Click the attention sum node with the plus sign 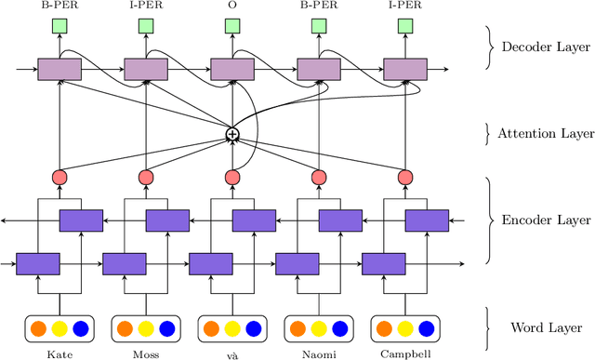tap(232, 135)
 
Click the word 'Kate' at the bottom tap(59, 354)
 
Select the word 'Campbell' tap(404, 354)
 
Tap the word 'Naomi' tap(318, 354)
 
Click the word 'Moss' tap(145, 354)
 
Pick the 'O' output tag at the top tap(231, 6)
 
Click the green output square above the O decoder tap(231, 27)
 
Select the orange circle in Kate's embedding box tap(38, 328)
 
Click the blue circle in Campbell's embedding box tap(427, 328)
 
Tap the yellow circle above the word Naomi tap(318, 328)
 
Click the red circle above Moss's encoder tap(146, 177)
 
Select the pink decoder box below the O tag tap(231, 69)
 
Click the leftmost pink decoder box tap(59, 69)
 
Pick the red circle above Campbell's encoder tap(404, 177)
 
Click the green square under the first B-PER tap(59, 27)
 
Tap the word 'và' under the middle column tap(231, 354)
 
